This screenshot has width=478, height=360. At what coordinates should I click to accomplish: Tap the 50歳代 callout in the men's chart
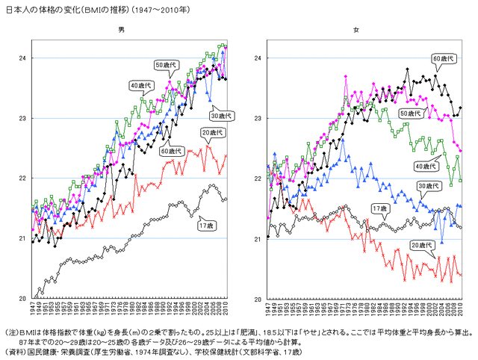click(x=165, y=66)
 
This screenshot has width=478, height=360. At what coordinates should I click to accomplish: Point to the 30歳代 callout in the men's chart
click(x=222, y=116)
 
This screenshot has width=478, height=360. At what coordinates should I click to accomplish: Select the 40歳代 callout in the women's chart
click(x=426, y=166)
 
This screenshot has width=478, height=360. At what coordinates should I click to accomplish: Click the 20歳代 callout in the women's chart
click(x=422, y=245)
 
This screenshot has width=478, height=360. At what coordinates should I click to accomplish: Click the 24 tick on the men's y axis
click(x=22, y=58)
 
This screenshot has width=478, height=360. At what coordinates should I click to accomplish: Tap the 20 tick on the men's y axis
click(x=22, y=298)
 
